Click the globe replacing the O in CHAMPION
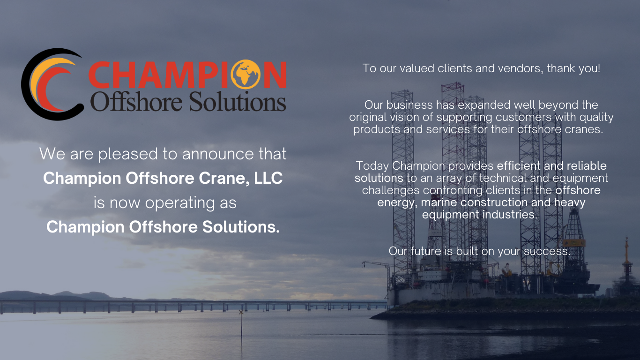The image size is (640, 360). (x=246, y=75)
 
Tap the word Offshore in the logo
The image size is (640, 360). (x=136, y=102)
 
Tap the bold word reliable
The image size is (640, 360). (x=587, y=166)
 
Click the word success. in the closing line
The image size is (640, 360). (x=547, y=251)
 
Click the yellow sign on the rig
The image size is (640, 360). (x=574, y=243)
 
